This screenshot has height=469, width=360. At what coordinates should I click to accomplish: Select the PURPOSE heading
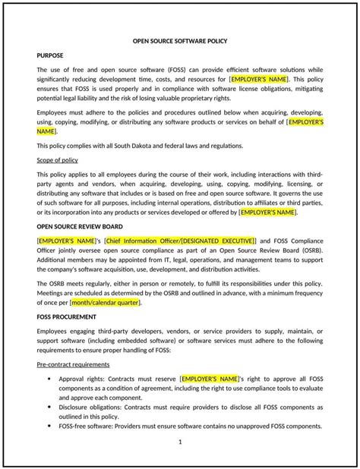coord(51,55)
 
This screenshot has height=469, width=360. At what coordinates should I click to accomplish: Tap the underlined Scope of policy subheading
coord(62,160)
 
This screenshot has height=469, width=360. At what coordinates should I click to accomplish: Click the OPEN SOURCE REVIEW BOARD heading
coord(84,226)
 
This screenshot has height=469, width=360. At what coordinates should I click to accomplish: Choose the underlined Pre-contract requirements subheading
coord(74,364)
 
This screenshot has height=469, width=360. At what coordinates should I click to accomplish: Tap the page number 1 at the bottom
coord(180,442)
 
